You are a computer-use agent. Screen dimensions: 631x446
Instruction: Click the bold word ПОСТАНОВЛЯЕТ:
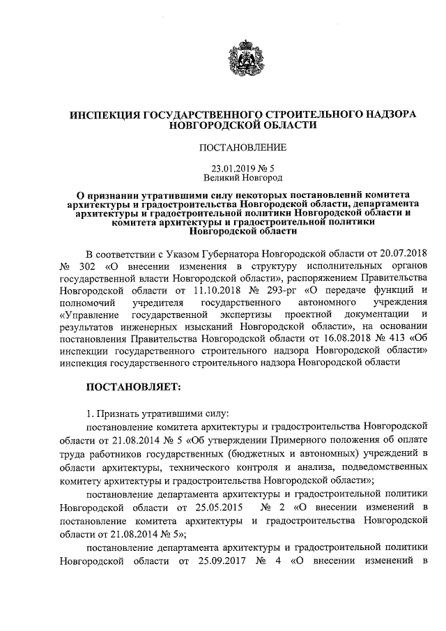pyautogui.click(x=133, y=385)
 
